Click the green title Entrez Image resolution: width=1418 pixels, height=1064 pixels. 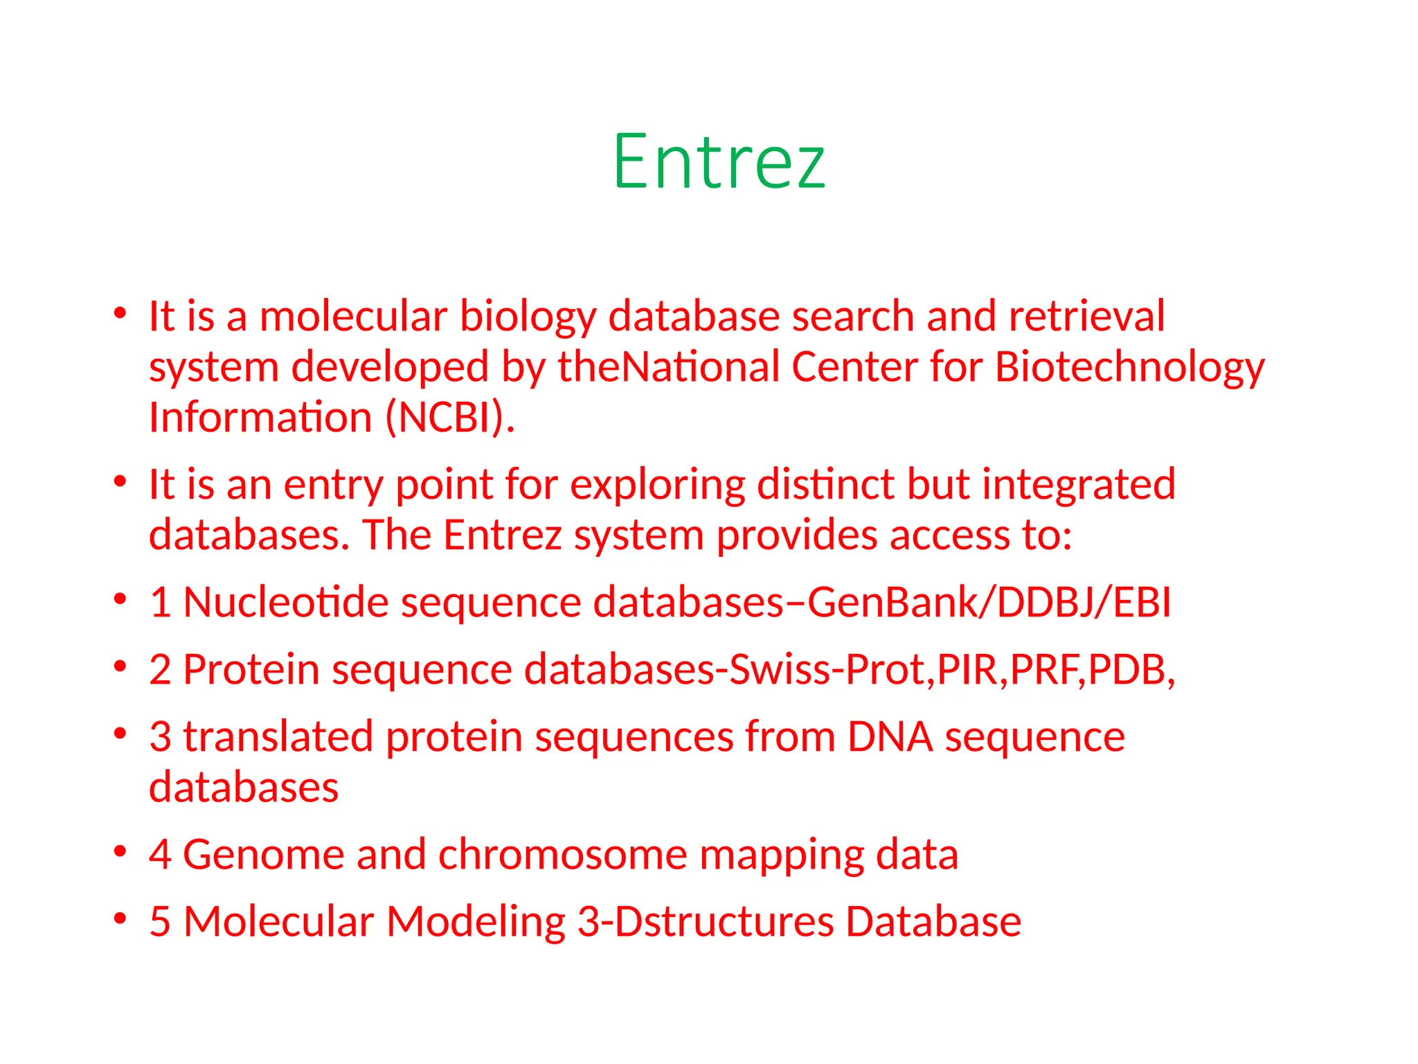pyautogui.click(x=719, y=162)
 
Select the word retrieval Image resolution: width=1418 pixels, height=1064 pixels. pyautogui.click(x=1087, y=317)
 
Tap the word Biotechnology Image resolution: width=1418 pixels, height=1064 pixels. pyautogui.click(x=1129, y=367)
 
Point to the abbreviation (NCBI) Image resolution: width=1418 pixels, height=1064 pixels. pyautogui.click(x=450, y=418)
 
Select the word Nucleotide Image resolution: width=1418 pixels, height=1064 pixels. pyautogui.click(x=285, y=602)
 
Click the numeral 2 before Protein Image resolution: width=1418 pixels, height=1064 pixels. pyautogui.click(x=160, y=670)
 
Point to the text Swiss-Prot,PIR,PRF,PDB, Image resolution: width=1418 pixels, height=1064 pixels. pyautogui.click(x=952, y=670)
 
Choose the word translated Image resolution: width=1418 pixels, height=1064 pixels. pyautogui.click(x=278, y=736)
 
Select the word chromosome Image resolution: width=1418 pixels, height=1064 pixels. pyautogui.click(x=562, y=855)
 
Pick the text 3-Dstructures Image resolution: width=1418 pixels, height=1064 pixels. pyautogui.click(x=706, y=922)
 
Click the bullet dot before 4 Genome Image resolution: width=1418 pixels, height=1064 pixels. pyautogui.click(x=120, y=851)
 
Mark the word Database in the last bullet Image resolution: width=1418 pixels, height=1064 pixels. pyautogui.click(x=933, y=922)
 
